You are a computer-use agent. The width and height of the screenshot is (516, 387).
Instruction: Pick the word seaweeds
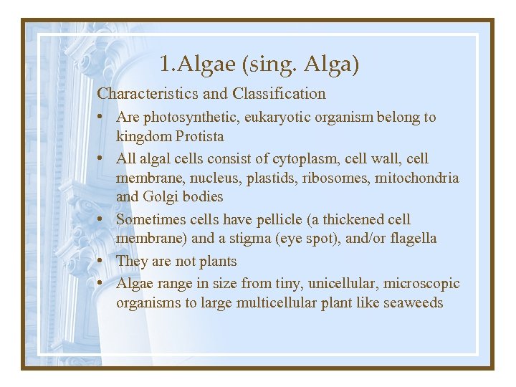click(x=414, y=303)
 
